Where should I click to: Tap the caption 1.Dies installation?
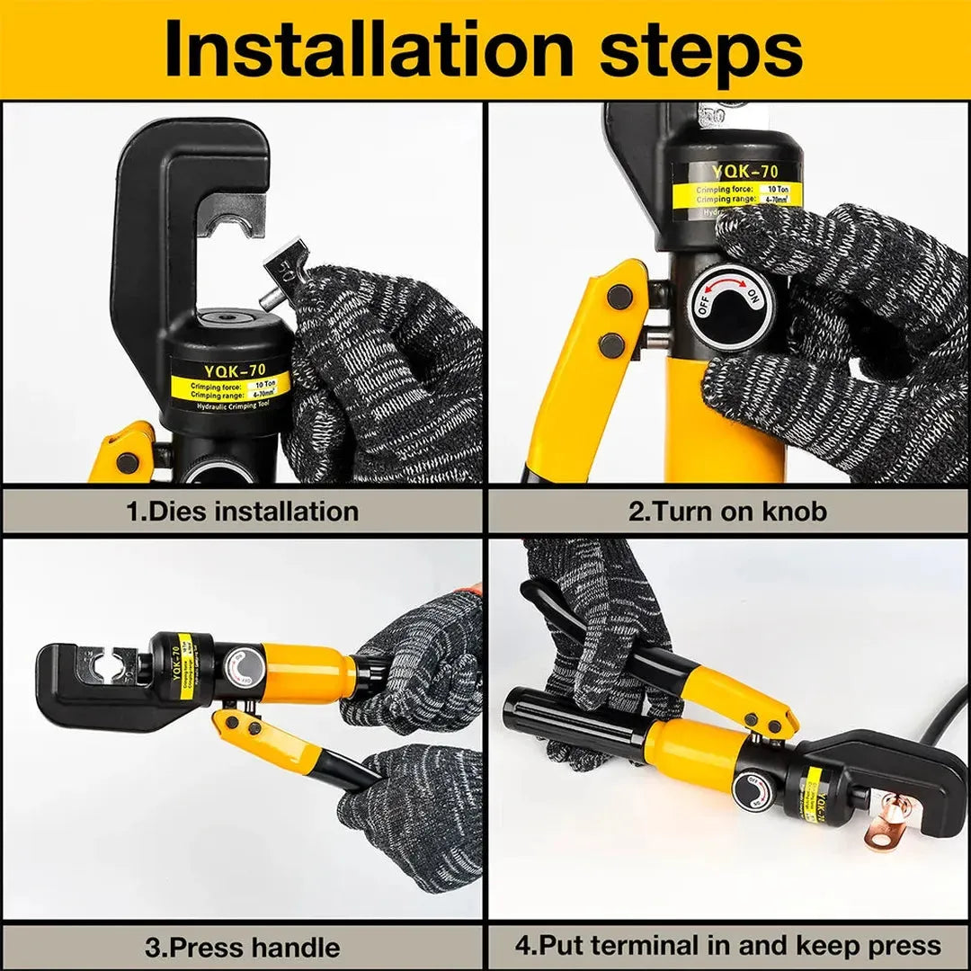pyautogui.click(x=242, y=512)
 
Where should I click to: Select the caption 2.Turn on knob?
pyautogui.click(x=727, y=512)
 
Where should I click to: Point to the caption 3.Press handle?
pyautogui.click(x=242, y=947)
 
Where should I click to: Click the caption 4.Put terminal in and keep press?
pyautogui.click(x=727, y=945)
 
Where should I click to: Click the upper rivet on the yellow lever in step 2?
pyautogui.click(x=619, y=296)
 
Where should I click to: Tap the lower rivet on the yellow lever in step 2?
pyautogui.click(x=611, y=344)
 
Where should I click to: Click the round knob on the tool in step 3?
pyautogui.click(x=245, y=668)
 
